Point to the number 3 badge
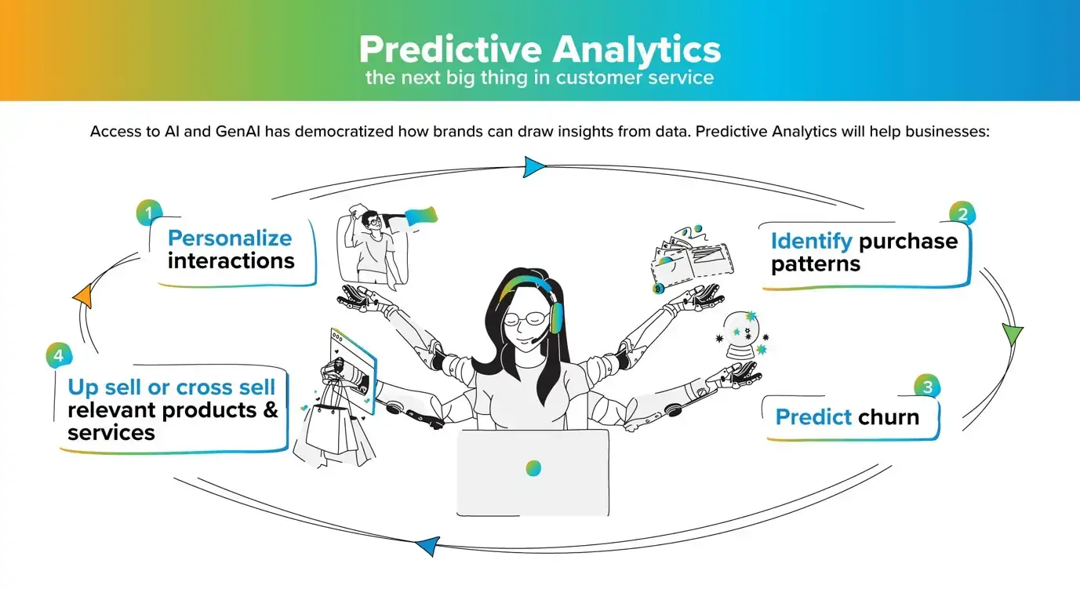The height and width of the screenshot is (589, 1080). click(927, 387)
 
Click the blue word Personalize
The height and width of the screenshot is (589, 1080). click(230, 238)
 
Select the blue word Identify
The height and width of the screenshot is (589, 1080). click(811, 241)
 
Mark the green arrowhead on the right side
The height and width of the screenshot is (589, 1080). click(1013, 334)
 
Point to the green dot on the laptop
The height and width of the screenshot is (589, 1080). click(533, 468)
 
